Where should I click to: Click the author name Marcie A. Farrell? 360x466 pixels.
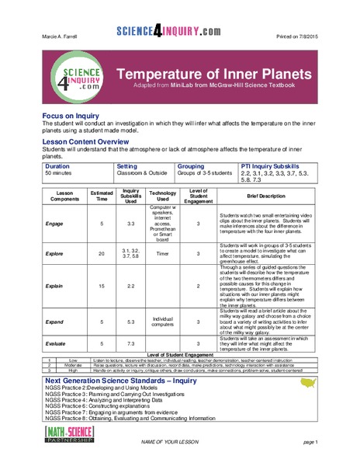[61, 37]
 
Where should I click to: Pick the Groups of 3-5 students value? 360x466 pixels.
[204, 174]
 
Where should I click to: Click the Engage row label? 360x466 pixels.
[55, 224]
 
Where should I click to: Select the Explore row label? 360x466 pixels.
[55, 253]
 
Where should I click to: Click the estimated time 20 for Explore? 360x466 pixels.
[102, 253]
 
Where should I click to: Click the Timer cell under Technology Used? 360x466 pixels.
[163, 253]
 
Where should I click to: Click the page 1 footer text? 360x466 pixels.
[311, 442]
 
